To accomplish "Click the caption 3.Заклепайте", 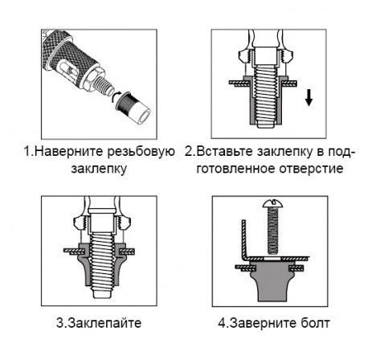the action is pos(99,323).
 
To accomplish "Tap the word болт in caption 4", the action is pos(314,323).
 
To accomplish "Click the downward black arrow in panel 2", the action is pos(309,97).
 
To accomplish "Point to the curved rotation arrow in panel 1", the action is pos(115,96).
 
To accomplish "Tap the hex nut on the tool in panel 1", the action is pos(93,79).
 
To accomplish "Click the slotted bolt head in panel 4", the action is pos(272,203).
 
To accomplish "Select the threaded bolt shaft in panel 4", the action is pos(272,231).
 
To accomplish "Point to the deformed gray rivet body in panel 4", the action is pos(272,281).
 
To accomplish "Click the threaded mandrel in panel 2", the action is pos(266,97).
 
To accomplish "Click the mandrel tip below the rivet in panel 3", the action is pos(102,294).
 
